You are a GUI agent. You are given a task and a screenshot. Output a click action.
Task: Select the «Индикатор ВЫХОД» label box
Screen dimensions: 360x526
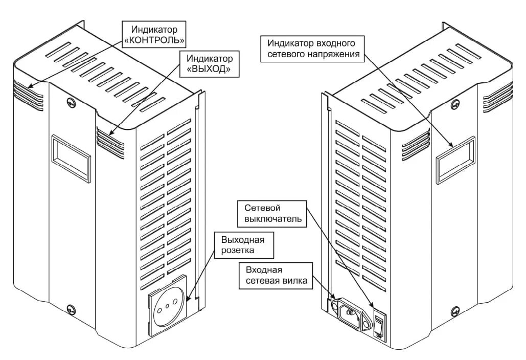[x=210, y=63]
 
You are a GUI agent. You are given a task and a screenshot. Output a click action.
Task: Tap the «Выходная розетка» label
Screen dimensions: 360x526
[x=244, y=245]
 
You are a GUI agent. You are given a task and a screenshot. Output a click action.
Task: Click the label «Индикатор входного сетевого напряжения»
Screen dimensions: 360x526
[x=313, y=48]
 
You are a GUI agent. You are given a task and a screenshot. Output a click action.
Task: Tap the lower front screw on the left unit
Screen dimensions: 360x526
[x=71, y=308]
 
